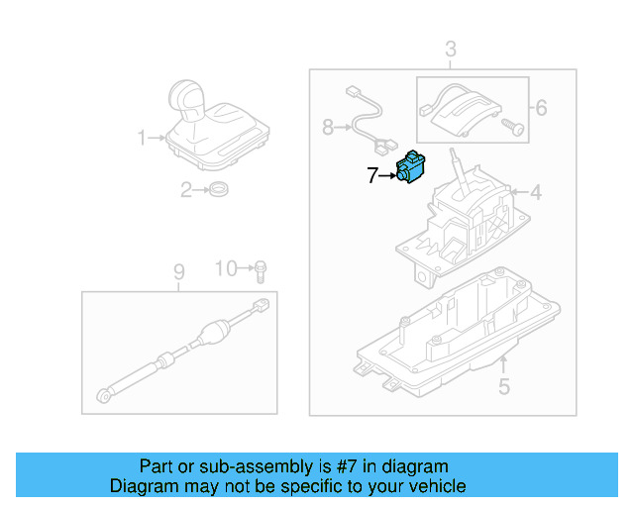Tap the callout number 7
pos(372,176)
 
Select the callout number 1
pos(141,137)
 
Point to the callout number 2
pos(185,189)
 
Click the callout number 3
pos(450,49)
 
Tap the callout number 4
pos(535,192)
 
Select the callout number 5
pos(503,387)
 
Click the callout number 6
pos(540,105)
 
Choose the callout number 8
pos(328,127)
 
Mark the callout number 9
pos(179,271)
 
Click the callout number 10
pos(227,268)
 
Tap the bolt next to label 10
pos(261,269)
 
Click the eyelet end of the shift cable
pos(104,397)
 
